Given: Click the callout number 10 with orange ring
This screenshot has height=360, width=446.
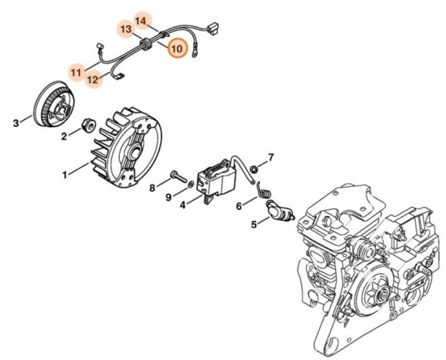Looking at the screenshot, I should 176,48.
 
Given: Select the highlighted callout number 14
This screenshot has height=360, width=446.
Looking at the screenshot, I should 141,18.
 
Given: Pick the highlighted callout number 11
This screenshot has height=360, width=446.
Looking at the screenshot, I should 75,72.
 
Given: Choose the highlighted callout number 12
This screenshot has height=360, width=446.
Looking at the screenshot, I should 93,78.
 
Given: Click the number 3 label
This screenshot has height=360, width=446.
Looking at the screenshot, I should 15,122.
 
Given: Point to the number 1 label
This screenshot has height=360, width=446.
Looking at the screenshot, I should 65,175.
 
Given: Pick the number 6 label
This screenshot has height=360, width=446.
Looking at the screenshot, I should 239,205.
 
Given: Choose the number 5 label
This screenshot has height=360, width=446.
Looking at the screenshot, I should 254,225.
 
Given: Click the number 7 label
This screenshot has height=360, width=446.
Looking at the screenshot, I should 270,157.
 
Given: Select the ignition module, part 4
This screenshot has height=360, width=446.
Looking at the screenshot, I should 215,181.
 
